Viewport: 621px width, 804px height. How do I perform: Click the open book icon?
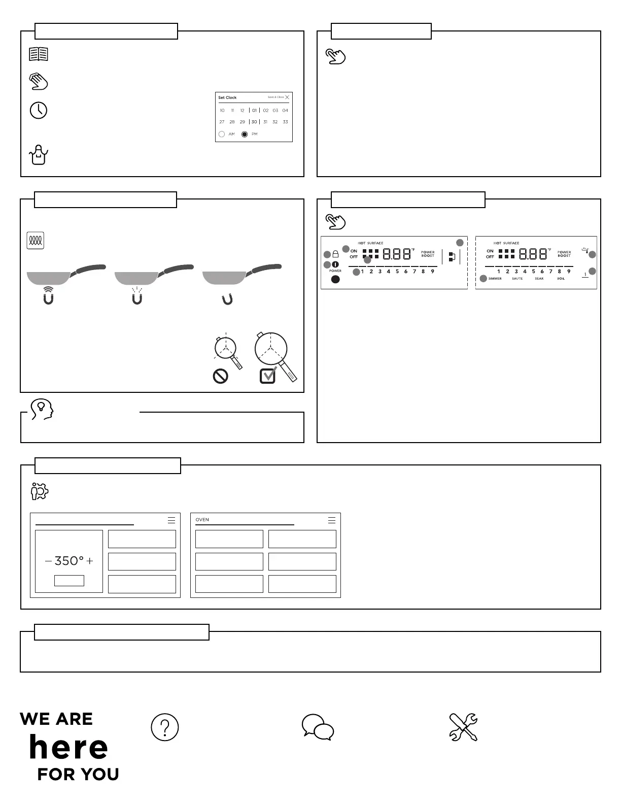(39, 54)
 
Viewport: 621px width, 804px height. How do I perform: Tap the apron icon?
(39, 154)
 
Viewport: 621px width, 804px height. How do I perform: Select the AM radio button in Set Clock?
(222, 134)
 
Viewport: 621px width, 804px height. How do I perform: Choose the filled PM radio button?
(245, 134)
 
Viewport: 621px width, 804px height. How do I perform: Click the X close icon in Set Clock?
(287, 97)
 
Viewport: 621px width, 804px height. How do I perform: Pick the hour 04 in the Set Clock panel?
(285, 110)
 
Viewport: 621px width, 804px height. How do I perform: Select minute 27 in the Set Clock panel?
(222, 122)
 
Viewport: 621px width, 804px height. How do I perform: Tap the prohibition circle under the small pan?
(221, 376)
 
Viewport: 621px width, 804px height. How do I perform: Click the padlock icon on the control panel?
(335, 254)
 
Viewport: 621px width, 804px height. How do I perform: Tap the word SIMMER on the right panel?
(495, 279)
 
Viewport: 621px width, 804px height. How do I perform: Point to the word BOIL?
(561, 279)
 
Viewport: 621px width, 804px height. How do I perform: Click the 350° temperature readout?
(68, 561)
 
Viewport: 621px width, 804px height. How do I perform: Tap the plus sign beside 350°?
(90, 561)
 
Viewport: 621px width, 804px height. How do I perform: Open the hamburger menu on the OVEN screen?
(332, 520)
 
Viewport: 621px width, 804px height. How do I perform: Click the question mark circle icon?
(165, 727)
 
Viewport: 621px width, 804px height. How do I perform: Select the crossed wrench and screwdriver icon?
(463, 727)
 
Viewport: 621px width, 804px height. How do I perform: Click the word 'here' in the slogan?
(68, 747)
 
